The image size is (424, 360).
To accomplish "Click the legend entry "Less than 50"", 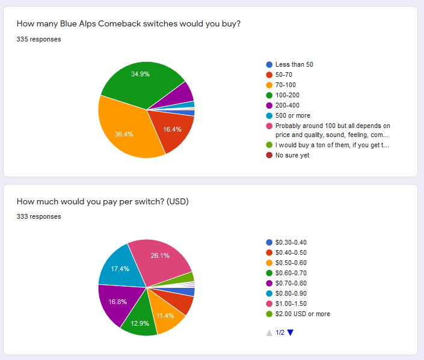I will click(294, 64).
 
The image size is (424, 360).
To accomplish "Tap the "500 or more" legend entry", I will click(292, 115).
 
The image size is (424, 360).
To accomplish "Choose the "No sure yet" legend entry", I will click(292, 155).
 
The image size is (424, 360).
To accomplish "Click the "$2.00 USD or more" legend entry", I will click(303, 314).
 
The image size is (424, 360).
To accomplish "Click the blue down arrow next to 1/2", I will click(290, 332).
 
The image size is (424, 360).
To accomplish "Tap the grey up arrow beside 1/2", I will click(269, 332).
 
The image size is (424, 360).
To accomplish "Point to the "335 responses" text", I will click(38, 40).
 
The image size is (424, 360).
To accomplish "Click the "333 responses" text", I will click(38, 216).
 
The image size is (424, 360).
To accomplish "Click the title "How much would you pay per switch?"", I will click(103, 201).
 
